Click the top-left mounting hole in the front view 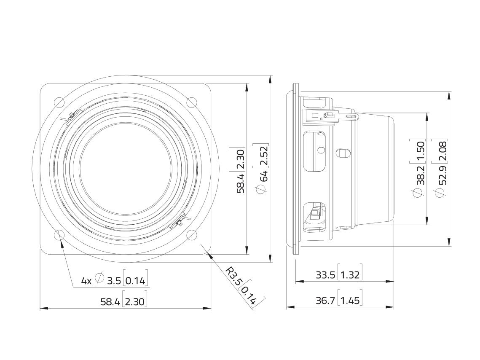(x=59, y=102)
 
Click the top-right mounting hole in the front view (x=192, y=102)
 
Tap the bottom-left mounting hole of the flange (x=59, y=235)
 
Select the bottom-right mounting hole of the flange (x=192, y=235)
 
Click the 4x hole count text (x=86, y=280)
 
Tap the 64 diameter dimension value (x=263, y=176)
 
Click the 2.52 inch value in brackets (x=263, y=156)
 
